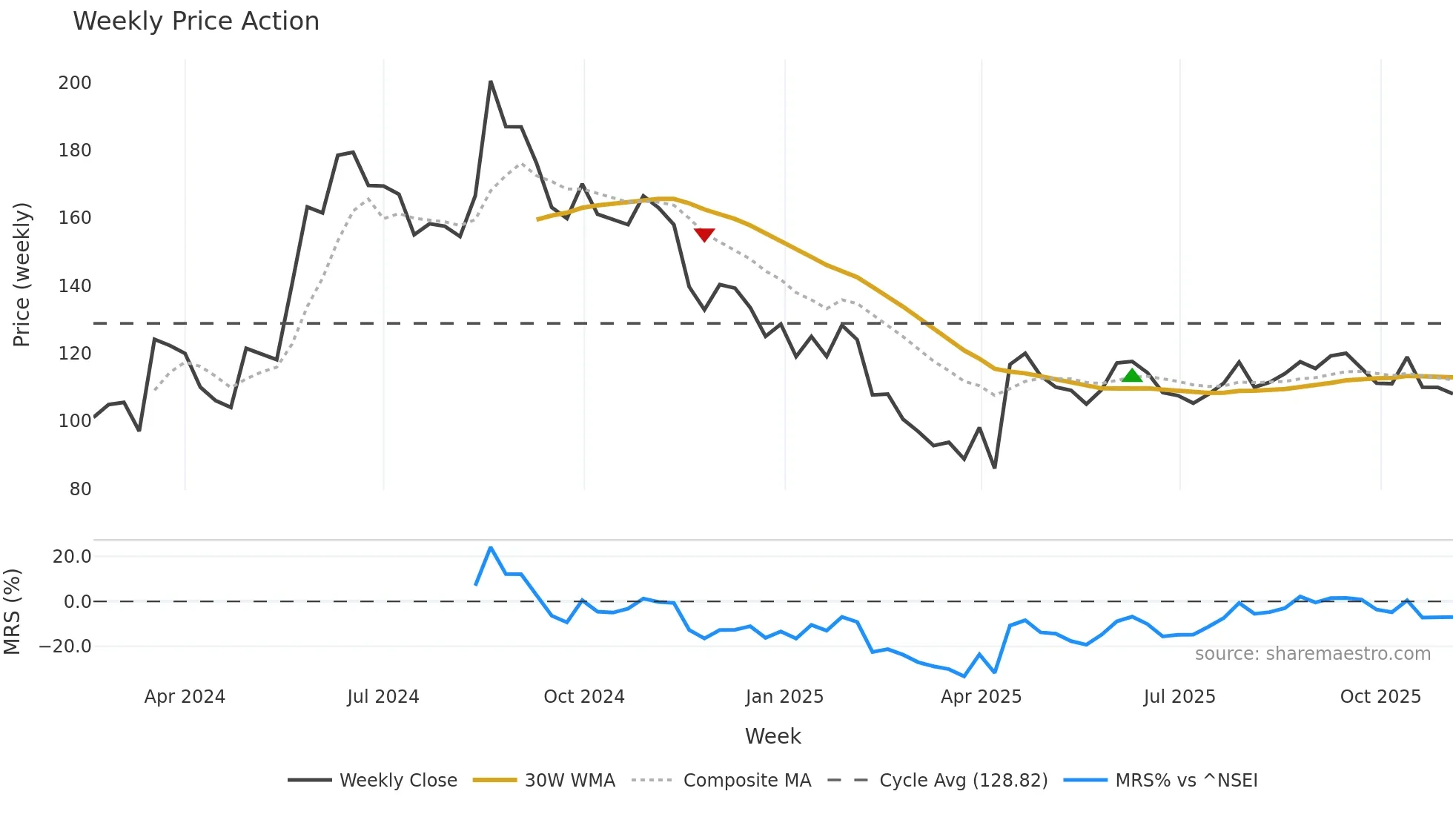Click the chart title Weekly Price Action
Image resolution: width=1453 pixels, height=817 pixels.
pyautogui.click(x=196, y=21)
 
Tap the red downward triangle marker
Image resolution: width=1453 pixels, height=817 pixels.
pyautogui.click(x=704, y=235)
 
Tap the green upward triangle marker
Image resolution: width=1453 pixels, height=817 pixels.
pyautogui.click(x=1132, y=375)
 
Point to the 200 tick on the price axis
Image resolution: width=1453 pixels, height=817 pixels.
pyautogui.click(x=75, y=83)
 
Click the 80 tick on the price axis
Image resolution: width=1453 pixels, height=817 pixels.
pyautogui.click(x=80, y=489)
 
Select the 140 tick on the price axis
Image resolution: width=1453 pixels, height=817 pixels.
pyautogui.click(x=75, y=286)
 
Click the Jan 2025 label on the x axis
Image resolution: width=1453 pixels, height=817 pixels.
pyautogui.click(x=784, y=697)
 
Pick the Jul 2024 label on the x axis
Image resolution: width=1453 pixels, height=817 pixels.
pyautogui.click(x=383, y=697)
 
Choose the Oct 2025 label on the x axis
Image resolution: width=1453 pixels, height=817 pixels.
pyautogui.click(x=1380, y=697)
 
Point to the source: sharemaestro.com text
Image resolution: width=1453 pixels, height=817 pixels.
pyautogui.click(x=1312, y=654)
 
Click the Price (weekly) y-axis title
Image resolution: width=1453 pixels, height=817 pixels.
pyautogui.click(x=21, y=274)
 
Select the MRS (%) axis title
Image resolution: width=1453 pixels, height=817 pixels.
pyautogui.click(x=12, y=612)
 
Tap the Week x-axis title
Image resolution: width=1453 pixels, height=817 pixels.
pyautogui.click(x=772, y=736)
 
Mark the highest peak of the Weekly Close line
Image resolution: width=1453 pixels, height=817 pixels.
pyautogui.click(x=491, y=82)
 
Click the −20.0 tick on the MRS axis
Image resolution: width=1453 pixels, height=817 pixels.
pyautogui.click(x=65, y=646)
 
